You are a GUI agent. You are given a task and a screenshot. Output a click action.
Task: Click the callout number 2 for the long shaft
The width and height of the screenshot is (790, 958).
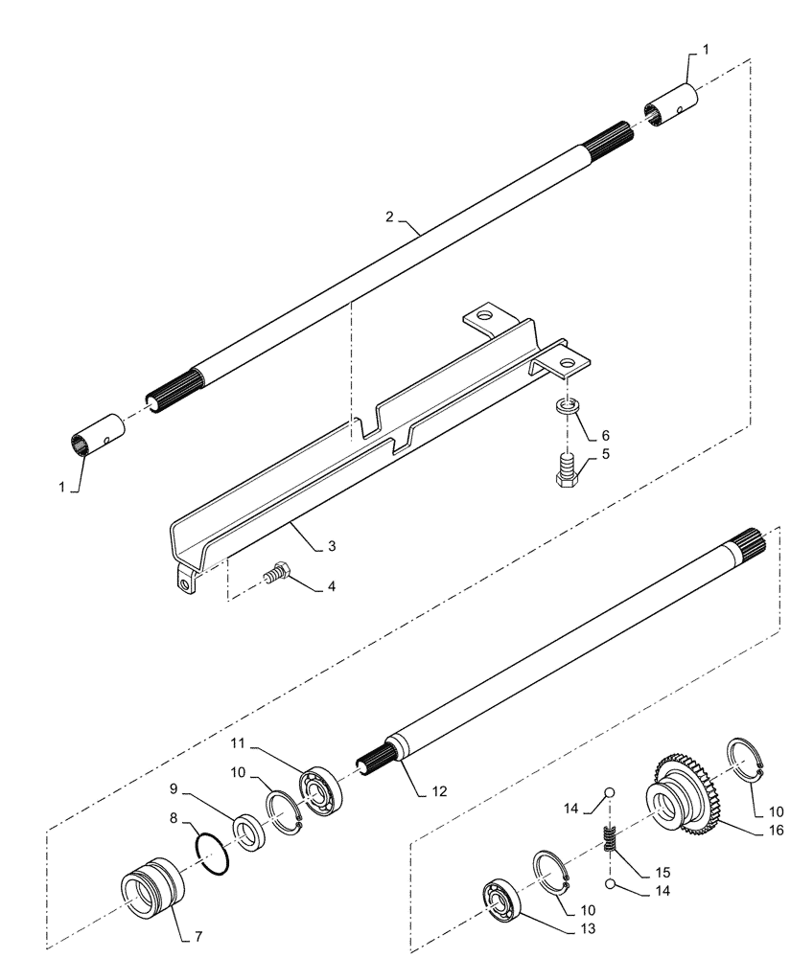coord(389,217)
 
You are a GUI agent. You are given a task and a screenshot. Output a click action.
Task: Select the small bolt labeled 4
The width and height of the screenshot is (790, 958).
coord(276,574)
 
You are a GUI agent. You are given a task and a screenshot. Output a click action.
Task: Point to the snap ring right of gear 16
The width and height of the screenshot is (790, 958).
coord(747,761)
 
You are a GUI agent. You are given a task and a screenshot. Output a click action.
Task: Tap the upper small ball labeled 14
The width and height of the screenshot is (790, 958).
coord(608,792)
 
